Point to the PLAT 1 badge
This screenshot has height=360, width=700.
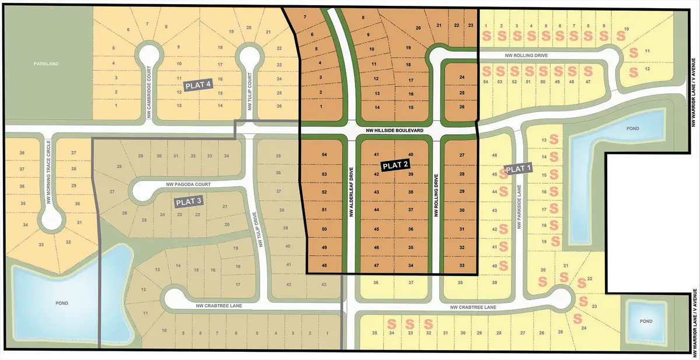coord(519,169)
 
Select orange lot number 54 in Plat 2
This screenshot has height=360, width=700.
coord(324,155)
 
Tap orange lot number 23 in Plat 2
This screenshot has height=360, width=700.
coord(470,25)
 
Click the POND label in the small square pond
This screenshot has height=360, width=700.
coord(645,321)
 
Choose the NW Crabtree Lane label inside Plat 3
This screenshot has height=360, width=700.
coord(215,305)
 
